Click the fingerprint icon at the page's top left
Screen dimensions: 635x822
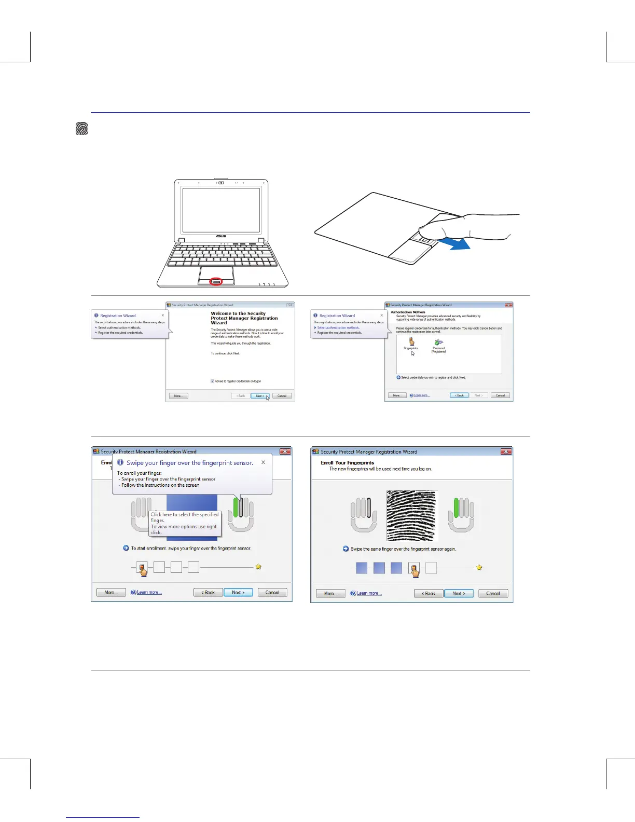point(81,129)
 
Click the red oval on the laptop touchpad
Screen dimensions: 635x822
point(216,281)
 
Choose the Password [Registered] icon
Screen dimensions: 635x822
point(439,343)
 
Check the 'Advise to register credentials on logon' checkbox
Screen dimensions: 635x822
point(213,381)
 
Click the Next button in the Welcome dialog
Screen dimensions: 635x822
point(259,395)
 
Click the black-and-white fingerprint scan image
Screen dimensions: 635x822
point(411,515)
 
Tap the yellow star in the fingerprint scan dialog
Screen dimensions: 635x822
point(479,567)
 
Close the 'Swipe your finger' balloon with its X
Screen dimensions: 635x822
point(263,462)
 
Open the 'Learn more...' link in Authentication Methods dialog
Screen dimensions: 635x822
point(421,395)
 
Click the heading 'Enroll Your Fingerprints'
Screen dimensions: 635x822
point(347,462)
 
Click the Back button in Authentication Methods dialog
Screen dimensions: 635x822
point(459,395)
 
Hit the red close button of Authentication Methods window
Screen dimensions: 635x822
point(508,305)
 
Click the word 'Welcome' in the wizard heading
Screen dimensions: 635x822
point(220,313)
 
